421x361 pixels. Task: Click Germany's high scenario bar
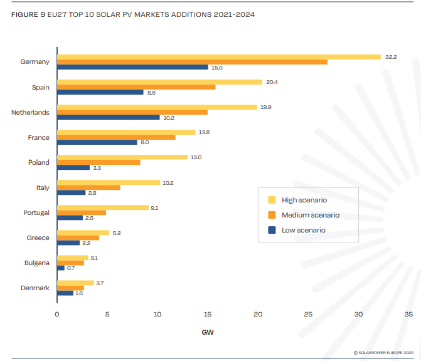click(218, 57)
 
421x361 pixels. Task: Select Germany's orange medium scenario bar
click(192, 62)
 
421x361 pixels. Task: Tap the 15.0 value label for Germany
click(216, 67)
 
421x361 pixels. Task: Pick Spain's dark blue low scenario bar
click(100, 92)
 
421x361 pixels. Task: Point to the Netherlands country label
click(30, 112)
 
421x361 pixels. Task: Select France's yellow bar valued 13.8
click(126, 132)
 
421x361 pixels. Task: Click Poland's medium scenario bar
click(99, 162)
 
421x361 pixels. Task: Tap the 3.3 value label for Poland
click(97, 167)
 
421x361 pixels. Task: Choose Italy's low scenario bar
click(71, 192)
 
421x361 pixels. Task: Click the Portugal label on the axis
click(36, 212)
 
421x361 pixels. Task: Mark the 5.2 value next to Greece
click(116, 233)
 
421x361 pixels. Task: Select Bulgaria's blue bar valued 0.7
click(61, 268)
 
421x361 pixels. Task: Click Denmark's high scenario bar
click(75, 283)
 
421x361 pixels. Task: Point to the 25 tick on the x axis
click(308, 314)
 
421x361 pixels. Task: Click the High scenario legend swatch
click(272, 200)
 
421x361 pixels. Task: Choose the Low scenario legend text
click(304, 230)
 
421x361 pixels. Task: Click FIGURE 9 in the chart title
click(28, 14)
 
